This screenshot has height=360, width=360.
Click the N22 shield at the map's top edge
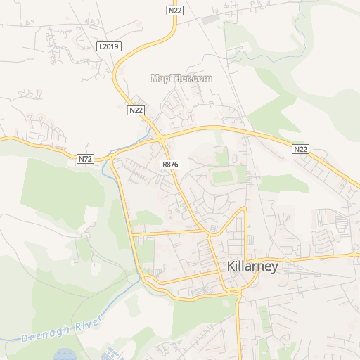coord(175,11)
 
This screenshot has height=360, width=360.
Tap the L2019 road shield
coord(109,46)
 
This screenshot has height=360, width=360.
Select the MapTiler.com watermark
coord(181,79)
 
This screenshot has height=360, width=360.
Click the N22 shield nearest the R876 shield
coord(136,110)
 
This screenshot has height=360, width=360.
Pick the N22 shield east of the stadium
coord(301,149)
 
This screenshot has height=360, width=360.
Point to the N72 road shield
coord(86,159)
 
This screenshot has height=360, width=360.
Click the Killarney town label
coord(253,266)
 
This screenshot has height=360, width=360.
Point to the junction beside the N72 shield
coord(111,159)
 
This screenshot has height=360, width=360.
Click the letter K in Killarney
coord(231,266)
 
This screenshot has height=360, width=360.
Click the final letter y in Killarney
coord(275,269)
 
